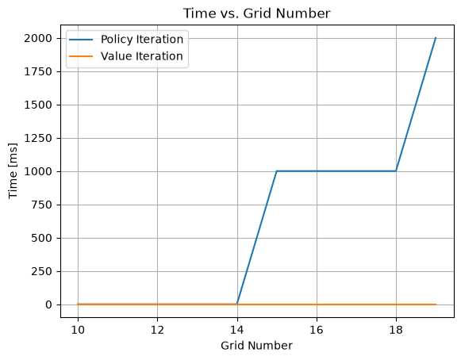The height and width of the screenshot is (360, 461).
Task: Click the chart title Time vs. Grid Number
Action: click(256, 13)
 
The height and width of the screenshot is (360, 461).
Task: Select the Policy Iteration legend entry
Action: click(126, 40)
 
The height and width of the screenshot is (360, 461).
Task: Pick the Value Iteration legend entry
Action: click(126, 56)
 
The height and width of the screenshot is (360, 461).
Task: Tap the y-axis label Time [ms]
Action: click(13, 171)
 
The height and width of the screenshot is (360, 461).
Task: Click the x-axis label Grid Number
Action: click(256, 346)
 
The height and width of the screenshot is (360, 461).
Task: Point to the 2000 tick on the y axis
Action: click(38, 39)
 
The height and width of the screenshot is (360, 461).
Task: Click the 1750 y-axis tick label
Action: click(38, 71)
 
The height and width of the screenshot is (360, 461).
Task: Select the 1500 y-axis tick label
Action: click(38, 105)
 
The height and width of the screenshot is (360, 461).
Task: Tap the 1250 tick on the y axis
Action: click(38, 139)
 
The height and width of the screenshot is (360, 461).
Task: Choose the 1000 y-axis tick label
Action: click(38, 171)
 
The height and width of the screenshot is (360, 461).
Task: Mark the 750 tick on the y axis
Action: click(41, 205)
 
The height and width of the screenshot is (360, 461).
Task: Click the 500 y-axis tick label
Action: click(41, 239)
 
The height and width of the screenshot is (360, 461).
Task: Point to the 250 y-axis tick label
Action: click(41, 272)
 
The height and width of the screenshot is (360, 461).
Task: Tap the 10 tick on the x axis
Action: click(78, 331)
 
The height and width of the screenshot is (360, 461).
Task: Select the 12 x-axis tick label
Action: click(157, 331)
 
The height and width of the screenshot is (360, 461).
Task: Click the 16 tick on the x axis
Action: click(317, 331)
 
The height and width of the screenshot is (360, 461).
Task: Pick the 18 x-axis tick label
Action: click(396, 331)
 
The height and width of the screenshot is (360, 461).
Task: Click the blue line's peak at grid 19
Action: click(436, 38)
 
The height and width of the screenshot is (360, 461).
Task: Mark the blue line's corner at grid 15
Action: click(277, 171)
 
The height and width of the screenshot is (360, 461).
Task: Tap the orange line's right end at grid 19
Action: click(436, 304)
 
